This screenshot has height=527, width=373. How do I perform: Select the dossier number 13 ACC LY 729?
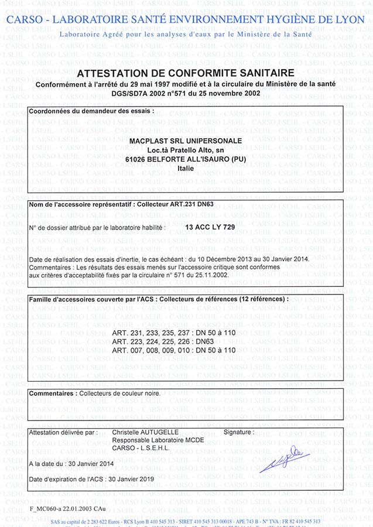point(210,226)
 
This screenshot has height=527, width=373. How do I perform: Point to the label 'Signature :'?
point(239,432)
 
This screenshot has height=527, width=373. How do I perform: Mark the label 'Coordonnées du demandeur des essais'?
point(91,110)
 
